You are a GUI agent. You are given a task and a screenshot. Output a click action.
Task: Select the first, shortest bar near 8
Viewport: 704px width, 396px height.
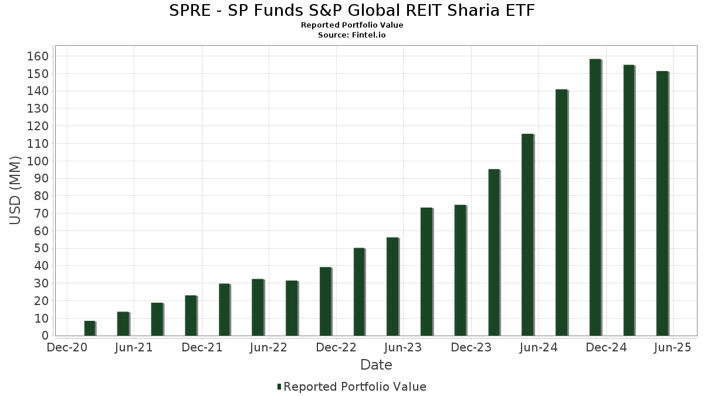coord(89,329)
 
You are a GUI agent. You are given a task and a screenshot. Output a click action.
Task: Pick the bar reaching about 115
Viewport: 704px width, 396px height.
coord(527,235)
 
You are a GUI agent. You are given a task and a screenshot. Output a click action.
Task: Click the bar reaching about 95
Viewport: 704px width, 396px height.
coord(493,252)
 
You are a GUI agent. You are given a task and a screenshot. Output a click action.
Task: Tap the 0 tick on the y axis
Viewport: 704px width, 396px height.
coord(45,336)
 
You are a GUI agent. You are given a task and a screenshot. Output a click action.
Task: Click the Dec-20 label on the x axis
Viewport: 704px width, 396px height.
coord(67,348)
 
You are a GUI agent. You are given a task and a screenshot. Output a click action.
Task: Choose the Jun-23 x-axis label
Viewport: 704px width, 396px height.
coord(402,348)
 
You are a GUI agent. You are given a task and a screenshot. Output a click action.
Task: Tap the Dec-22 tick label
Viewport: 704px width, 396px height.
coord(336,348)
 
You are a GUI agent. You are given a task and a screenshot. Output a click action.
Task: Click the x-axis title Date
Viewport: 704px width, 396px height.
coord(376,365)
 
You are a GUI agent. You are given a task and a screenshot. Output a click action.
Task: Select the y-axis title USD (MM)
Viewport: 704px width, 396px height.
coord(15,190)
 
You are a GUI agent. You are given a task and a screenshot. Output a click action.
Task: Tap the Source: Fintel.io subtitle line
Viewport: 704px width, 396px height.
coord(352,35)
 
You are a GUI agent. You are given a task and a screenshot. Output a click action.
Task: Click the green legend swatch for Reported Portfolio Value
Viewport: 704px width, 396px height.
coord(279,387)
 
